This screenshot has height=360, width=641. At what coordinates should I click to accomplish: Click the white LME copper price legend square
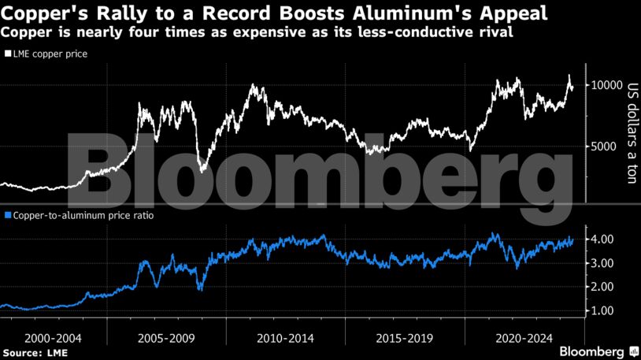pos(7,54)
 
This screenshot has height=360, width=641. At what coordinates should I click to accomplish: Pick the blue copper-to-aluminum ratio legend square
pos(7,214)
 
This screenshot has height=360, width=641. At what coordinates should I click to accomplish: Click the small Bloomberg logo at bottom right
pos(598,351)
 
